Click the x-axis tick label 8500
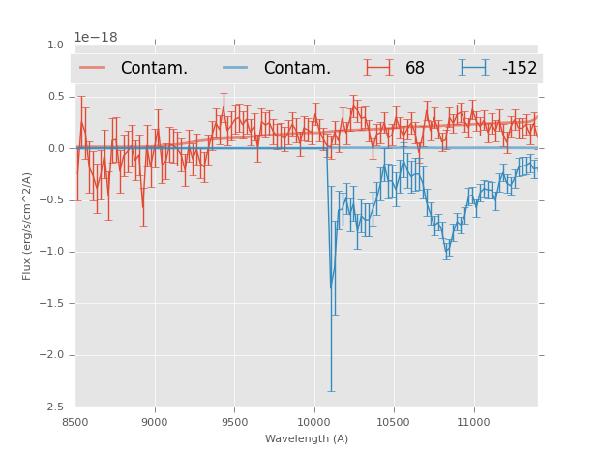tap(75, 422)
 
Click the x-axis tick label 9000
tap(155, 422)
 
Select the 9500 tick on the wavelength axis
tap(234, 422)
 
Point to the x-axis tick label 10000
tap(313, 422)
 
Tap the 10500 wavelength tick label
tap(393, 422)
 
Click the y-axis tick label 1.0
tap(56, 45)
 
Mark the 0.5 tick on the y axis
tap(56, 97)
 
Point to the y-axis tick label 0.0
tap(56, 148)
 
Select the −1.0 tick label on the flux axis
tap(53, 252)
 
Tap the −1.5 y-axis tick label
tap(53, 303)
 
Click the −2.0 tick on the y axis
tap(53, 355)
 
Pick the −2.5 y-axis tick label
tap(53, 407)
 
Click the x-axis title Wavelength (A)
tap(307, 438)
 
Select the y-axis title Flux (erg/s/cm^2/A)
tap(28, 226)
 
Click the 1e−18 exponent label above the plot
tap(96, 37)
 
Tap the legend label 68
tap(415, 68)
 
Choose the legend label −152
tap(519, 68)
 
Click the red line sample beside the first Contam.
tap(94, 68)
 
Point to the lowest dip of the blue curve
tap(331, 287)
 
